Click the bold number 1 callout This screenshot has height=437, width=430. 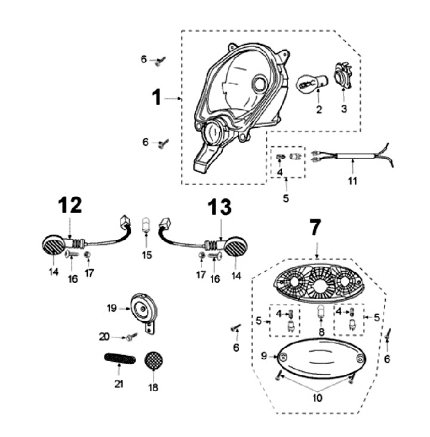156,98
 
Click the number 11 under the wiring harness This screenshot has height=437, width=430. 352,181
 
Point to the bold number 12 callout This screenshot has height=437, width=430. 69,205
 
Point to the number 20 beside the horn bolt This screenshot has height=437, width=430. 105,337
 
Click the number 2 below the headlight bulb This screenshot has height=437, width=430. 319,109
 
